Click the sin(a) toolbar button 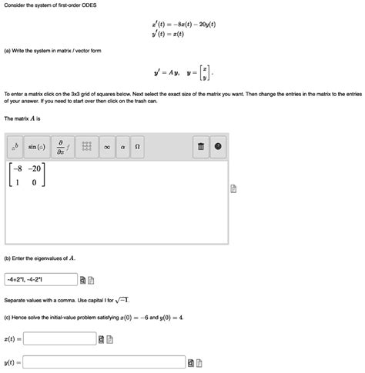pos(37,147)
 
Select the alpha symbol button pos(122,147)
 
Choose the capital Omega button pos(137,147)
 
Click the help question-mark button pos(218,147)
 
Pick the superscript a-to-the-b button pos(15,147)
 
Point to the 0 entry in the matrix pos(34,183)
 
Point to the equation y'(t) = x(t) pos(173,35)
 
